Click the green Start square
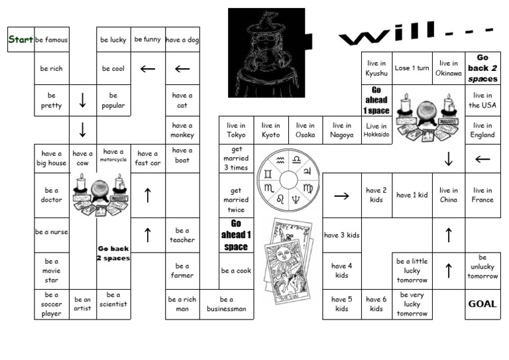[x=21, y=40]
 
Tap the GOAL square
[x=482, y=304]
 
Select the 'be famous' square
[x=52, y=40]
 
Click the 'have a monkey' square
[x=182, y=130]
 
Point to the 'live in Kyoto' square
[x=270, y=130]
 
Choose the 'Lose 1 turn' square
[x=412, y=68]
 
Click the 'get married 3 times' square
[x=236, y=158]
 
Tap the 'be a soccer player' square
[x=52, y=304]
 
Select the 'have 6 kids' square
[x=376, y=304]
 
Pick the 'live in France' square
[x=482, y=195]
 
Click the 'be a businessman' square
[x=227, y=304]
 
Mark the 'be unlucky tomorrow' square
[x=482, y=267]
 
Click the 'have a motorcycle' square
[x=113, y=155]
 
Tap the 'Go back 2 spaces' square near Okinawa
[x=482, y=68]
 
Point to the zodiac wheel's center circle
[x=288, y=179]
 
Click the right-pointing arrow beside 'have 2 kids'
[x=342, y=196]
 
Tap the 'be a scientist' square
[x=113, y=300]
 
